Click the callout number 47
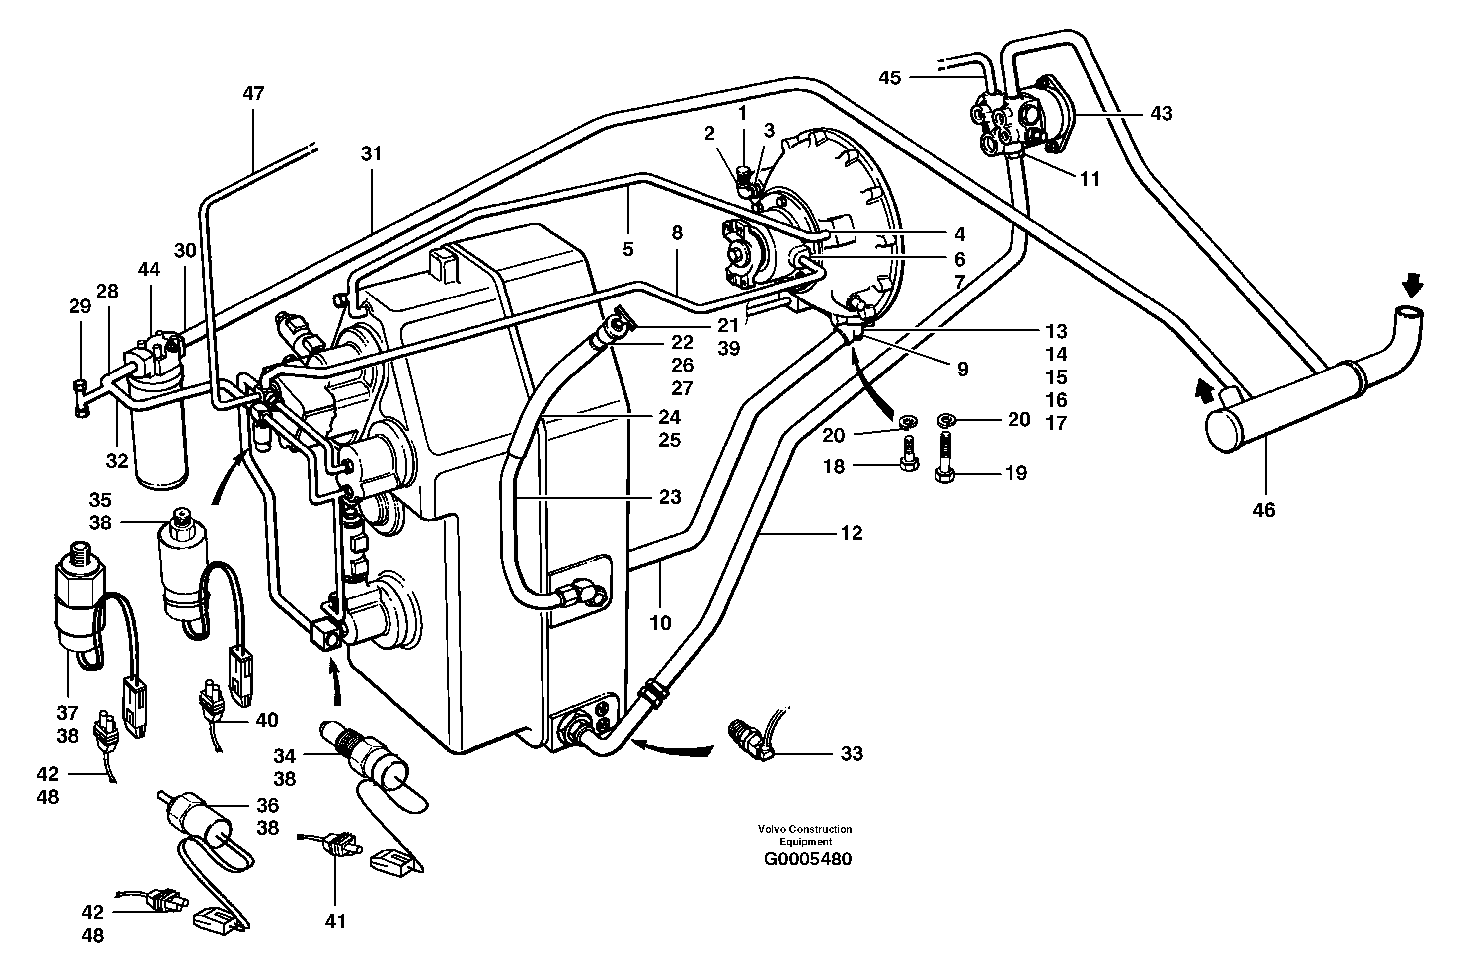pyautogui.click(x=253, y=94)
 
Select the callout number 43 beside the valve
pyautogui.click(x=1161, y=114)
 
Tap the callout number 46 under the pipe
pyautogui.click(x=1264, y=510)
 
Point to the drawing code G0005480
pyautogui.click(x=807, y=859)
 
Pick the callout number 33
pyautogui.click(x=852, y=753)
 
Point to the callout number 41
pyautogui.click(x=335, y=921)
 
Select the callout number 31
pyautogui.click(x=371, y=153)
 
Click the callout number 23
pyautogui.click(x=669, y=497)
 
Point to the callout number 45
pyautogui.click(x=889, y=78)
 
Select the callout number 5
pyautogui.click(x=627, y=250)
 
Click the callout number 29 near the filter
pyautogui.click(x=79, y=306)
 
